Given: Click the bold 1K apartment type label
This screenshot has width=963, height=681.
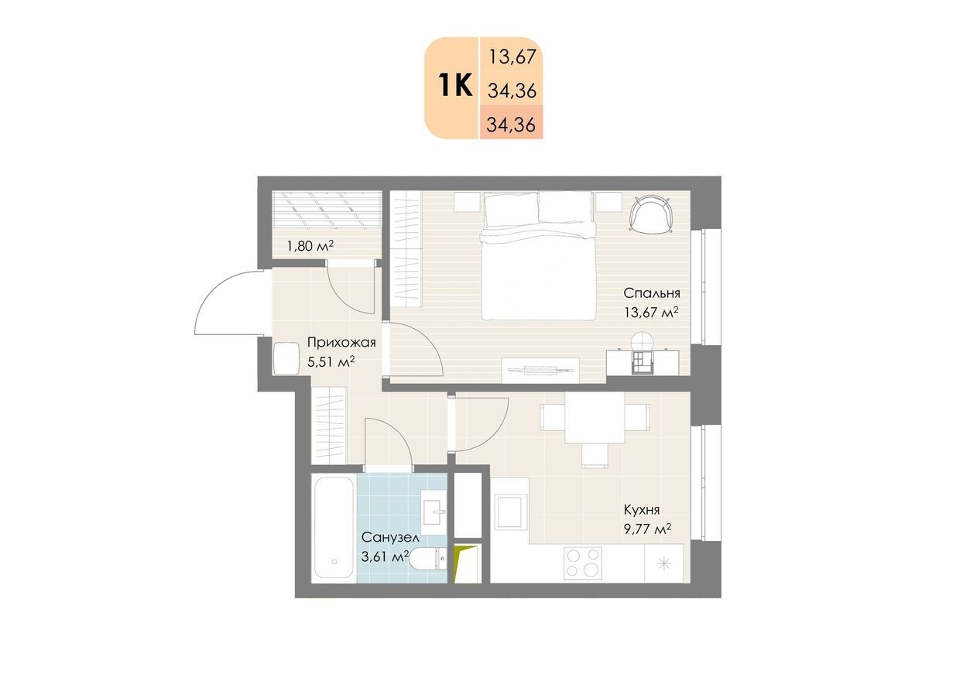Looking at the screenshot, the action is coord(456,86).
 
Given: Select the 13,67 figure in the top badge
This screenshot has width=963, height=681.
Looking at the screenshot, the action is coord(512,56).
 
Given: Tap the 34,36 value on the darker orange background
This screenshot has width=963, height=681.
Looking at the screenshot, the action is coord(512,125).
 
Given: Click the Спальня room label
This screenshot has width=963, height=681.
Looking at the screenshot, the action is coord(652,293).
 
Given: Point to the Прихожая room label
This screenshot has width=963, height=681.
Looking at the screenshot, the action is coord(341,342).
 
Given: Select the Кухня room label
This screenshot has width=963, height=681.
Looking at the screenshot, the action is coord(642,510).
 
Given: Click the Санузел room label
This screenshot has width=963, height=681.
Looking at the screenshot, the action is coord(390,537).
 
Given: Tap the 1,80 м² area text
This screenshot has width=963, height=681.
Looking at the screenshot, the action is coord(310,246).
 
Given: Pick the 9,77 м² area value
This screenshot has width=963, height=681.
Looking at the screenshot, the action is coord(647,529).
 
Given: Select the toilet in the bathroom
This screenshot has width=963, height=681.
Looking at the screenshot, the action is coord(428,559).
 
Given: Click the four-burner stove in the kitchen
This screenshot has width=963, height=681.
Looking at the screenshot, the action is coord(583,562).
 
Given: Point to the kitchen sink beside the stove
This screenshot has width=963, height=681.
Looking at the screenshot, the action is coord(664,563).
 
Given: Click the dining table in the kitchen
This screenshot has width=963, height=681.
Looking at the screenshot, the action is coord(595,418).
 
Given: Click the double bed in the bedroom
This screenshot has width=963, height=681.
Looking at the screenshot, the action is coord(539,255).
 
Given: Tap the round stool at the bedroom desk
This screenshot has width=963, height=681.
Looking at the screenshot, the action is coord(643,342).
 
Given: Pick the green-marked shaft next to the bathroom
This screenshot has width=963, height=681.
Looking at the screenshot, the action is coord(468,563).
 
